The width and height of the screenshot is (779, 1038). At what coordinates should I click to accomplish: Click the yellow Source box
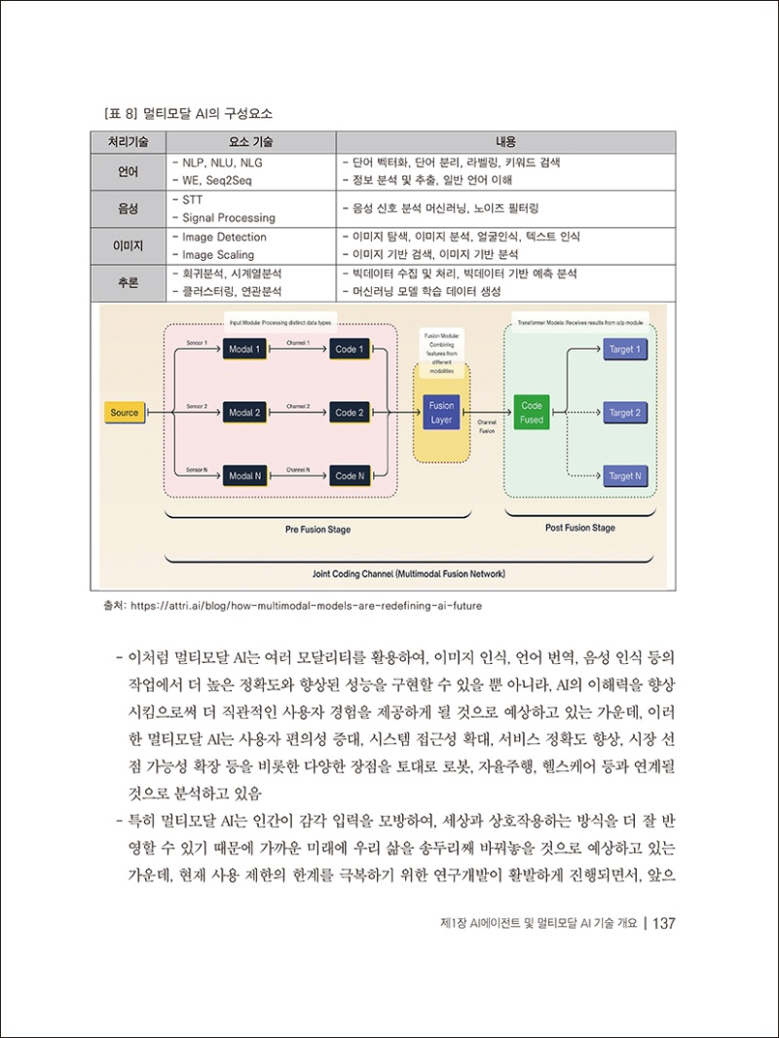point(125,413)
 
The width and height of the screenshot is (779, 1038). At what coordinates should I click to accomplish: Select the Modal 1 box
point(244,350)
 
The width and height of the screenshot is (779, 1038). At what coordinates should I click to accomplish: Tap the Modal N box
point(244,476)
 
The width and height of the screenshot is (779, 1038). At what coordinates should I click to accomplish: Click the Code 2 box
point(349,413)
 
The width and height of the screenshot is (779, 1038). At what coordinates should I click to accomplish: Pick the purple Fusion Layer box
point(441,413)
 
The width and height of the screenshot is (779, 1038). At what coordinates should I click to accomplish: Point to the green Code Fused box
point(532,413)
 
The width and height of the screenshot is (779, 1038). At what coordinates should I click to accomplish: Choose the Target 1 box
point(624,350)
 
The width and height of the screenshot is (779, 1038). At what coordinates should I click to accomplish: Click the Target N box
point(624,476)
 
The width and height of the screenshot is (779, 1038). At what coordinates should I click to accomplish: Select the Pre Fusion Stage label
point(318,530)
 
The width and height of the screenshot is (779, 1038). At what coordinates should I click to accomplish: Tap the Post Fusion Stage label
point(579,528)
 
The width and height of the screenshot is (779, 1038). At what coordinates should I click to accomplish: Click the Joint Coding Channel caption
point(408,574)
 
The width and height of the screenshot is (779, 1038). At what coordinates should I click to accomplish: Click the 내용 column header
point(507,142)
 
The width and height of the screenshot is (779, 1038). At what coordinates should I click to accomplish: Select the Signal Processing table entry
point(229,218)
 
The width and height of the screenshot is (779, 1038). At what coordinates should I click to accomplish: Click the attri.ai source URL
point(306,605)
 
